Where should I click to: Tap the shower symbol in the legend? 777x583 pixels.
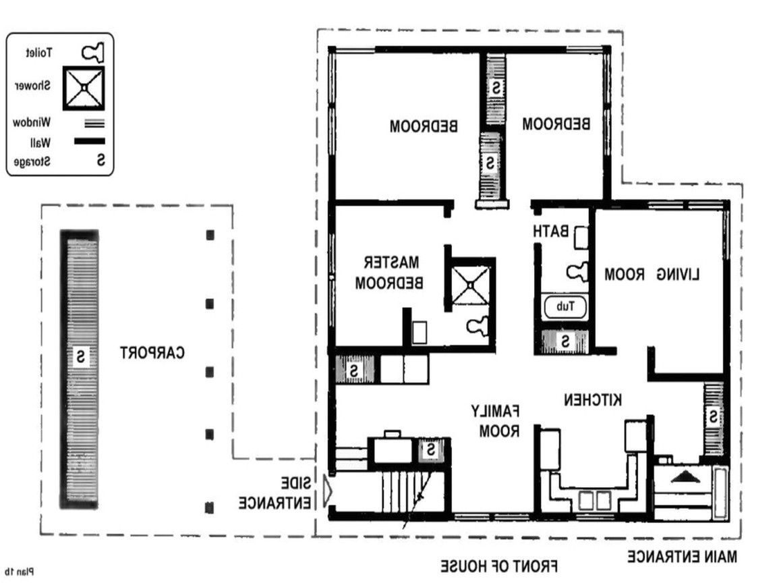click(x=84, y=88)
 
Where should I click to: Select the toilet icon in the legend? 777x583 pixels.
click(x=93, y=52)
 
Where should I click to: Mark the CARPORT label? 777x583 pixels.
click(x=152, y=353)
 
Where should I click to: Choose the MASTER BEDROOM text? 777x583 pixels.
click(x=389, y=272)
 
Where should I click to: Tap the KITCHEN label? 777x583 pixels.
click(x=593, y=400)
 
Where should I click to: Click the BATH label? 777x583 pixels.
click(x=550, y=231)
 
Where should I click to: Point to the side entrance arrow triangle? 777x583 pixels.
click(x=327, y=491)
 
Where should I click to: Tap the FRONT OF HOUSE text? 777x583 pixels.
click(x=499, y=565)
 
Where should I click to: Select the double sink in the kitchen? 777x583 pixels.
click(x=594, y=500)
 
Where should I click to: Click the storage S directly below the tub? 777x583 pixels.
click(x=565, y=341)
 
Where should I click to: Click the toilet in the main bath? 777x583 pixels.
click(x=577, y=271)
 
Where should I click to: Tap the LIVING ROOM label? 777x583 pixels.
click(x=652, y=275)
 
